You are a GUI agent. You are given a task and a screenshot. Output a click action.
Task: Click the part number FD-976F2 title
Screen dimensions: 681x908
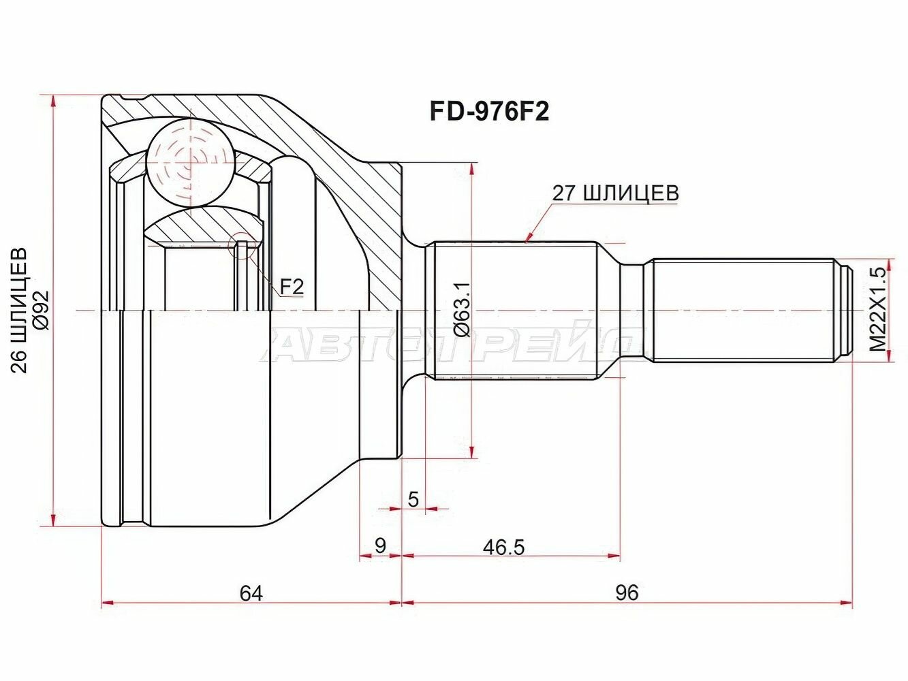click(488, 112)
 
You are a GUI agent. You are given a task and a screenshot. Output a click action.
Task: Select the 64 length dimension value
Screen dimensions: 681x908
click(251, 592)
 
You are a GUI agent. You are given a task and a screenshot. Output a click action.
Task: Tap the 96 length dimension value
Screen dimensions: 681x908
click(627, 592)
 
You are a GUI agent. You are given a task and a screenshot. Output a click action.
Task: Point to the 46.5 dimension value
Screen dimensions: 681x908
click(504, 547)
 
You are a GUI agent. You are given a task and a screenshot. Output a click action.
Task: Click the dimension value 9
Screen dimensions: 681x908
click(380, 545)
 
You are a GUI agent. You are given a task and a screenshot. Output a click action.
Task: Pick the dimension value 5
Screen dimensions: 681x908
click(413, 499)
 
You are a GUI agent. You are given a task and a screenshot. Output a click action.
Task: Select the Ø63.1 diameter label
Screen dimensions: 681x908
click(462, 310)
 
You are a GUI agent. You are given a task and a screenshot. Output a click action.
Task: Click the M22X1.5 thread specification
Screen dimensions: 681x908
click(879, 310)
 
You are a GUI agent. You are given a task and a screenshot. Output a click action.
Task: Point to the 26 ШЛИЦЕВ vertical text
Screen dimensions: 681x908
click(20, 310)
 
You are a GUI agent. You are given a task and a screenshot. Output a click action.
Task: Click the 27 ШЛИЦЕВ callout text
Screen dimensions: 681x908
click(615, 193)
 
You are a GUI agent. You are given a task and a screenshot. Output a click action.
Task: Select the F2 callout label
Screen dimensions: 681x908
click(291, 287)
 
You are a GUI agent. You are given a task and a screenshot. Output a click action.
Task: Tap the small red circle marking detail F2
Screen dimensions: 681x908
click(242, 247)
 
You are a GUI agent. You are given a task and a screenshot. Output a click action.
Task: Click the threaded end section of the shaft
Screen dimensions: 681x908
click(742, 310)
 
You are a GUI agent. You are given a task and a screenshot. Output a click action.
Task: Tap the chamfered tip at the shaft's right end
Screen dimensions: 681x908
click(845, 310)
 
